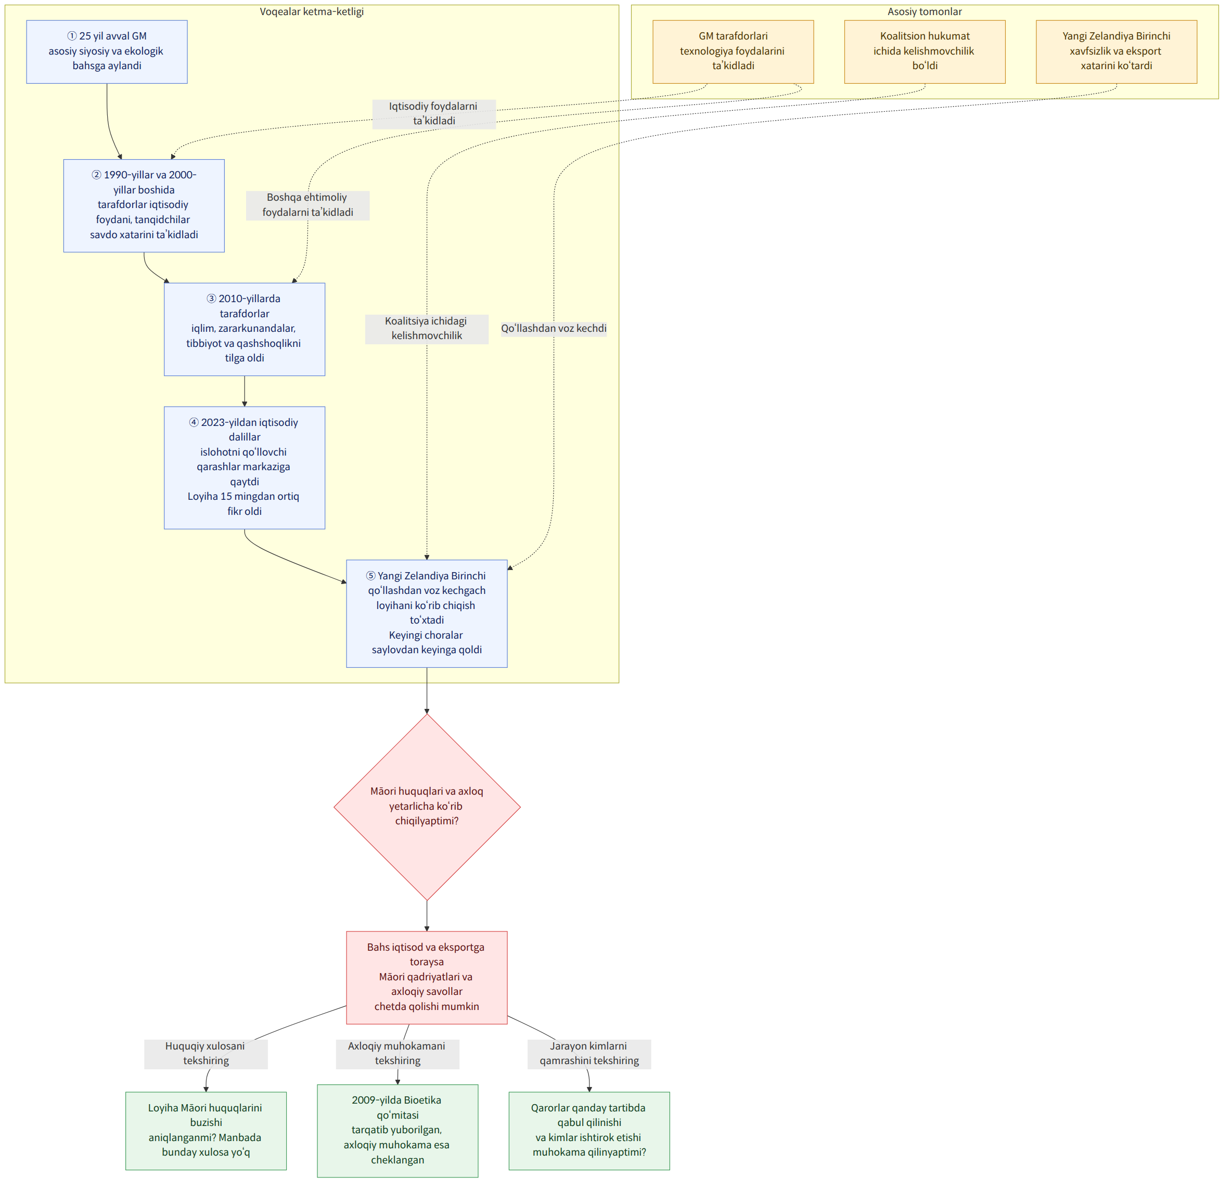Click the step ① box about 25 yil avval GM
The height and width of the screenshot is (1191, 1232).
pos(107,51)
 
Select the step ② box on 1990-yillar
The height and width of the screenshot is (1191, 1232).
pos(144,205)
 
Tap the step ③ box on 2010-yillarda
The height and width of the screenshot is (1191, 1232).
pos(245,329)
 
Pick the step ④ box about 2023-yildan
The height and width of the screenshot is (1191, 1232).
pos(245,468)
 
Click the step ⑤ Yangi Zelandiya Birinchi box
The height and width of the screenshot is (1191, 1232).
pos(427,613)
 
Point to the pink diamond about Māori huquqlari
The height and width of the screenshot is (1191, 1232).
pos(427,807)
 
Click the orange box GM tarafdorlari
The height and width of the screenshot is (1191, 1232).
pos(733,51)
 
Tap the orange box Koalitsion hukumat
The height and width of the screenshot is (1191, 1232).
pos(925,51)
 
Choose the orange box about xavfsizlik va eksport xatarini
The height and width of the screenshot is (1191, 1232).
pos(1116,51)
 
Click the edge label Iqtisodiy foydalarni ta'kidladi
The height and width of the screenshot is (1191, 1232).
pos(434,114)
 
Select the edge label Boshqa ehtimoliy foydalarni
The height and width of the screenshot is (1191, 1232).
pos(307,205)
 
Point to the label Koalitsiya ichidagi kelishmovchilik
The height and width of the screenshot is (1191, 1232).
pos(427,329)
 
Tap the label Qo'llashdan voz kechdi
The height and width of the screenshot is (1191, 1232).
pos(554,329)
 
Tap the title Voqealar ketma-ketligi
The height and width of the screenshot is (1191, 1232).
pos(312,11)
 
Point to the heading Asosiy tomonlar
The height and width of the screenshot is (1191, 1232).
pos(925,11)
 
